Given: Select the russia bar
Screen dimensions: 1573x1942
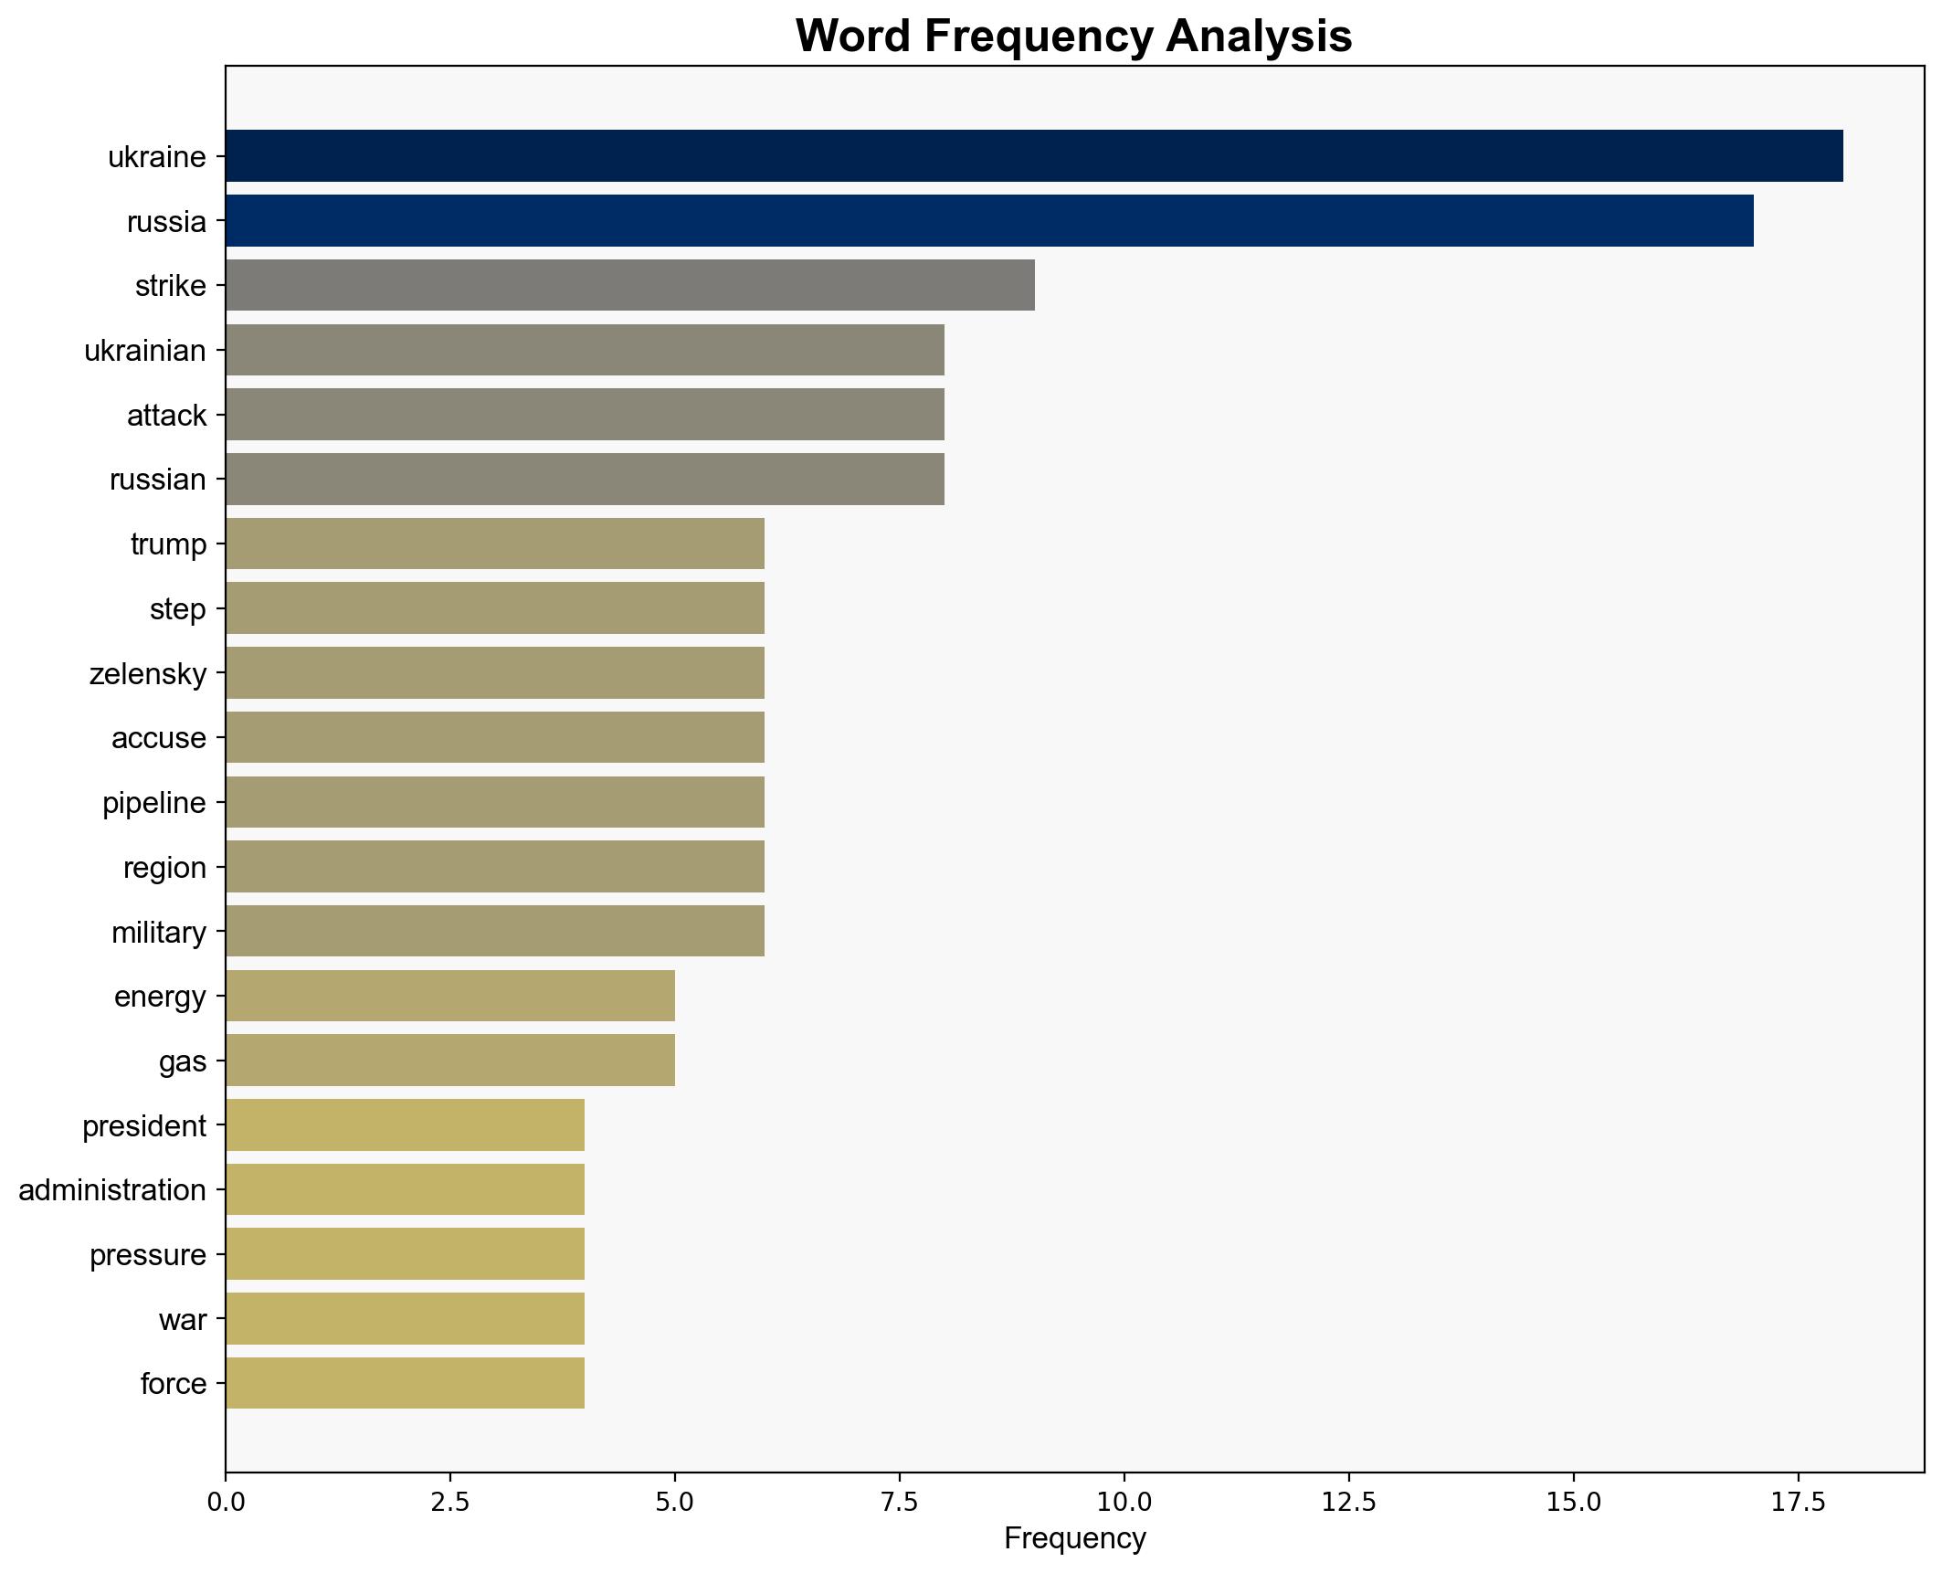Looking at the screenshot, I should (x=988, y=221).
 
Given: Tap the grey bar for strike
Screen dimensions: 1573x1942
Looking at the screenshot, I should (x=629, y=286).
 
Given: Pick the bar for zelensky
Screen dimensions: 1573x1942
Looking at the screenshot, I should (x=494, y=673).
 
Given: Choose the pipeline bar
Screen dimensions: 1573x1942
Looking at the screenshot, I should (x=494, y=802).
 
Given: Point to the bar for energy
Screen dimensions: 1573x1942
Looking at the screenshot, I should (x=449, y=996).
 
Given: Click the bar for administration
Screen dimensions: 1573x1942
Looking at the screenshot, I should (x=405, y=1189).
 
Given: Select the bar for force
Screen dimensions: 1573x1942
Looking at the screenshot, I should (x=405, y=1383).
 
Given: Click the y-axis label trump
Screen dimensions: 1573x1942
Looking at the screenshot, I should (x=168, y=544).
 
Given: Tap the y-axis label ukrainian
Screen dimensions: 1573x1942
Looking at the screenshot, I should (x=144, y=351).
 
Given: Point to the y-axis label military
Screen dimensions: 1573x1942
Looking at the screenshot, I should (x=158, y=932).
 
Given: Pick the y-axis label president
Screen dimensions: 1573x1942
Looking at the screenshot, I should (x=143, y=1125).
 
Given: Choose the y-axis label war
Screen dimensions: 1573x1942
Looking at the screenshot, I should (x=182, y=1319).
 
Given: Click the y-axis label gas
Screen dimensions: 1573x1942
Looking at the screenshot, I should (x=182, y=1061).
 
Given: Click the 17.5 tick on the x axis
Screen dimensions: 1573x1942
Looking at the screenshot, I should (x=1798, y=1503).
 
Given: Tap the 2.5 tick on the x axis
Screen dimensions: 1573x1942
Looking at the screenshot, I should (x=449, y=1503).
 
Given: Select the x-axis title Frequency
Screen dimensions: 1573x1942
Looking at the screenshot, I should (x=1074, y=1539).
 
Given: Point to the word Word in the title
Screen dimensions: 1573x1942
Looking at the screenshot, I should (x=854, y=37).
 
